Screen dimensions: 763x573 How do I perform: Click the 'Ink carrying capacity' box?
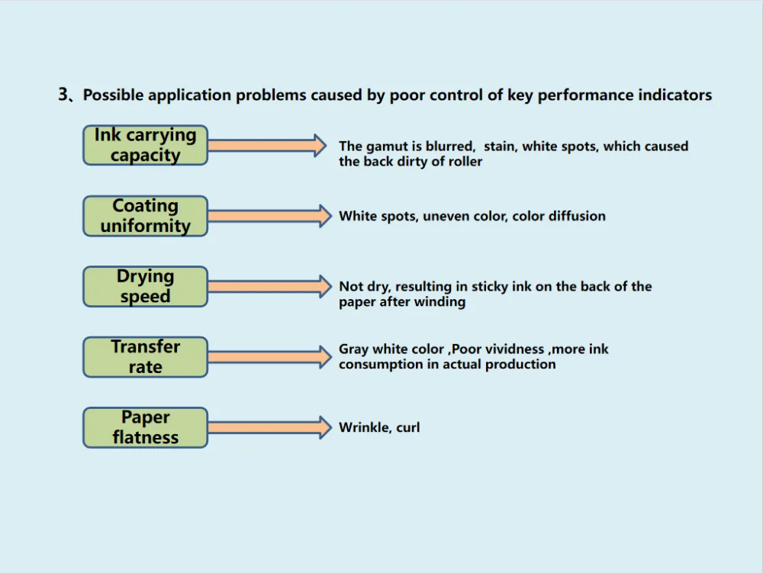coord(146,145)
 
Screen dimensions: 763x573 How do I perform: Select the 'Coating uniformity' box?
coord(146,216)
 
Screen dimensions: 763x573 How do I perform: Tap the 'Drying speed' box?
coord(146,287)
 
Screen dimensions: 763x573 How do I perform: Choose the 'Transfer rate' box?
coord(146,357)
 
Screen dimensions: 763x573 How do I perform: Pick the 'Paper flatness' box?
coord(146,427)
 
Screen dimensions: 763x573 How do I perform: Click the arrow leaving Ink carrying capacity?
coord(267,146)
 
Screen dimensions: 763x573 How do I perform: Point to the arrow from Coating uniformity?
coord(270,216)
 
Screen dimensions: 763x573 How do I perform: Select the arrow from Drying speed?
coord(270,287)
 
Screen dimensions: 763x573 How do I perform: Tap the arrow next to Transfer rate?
coord(270,357)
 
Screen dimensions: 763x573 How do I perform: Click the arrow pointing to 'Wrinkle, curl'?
coord(270,427)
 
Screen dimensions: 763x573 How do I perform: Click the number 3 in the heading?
coord(63,94)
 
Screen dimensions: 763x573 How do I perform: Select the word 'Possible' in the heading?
coord(113,95)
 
